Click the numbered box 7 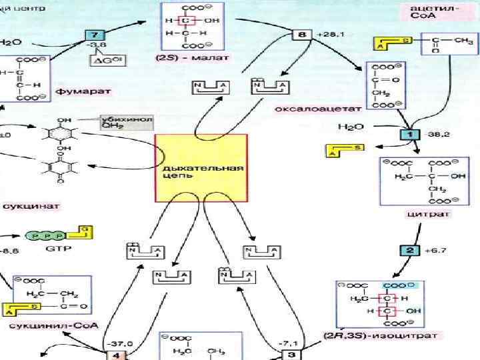point(95,35)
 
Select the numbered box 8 point(303,33)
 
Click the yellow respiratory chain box point(201,167)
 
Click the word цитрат point(419,215)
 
